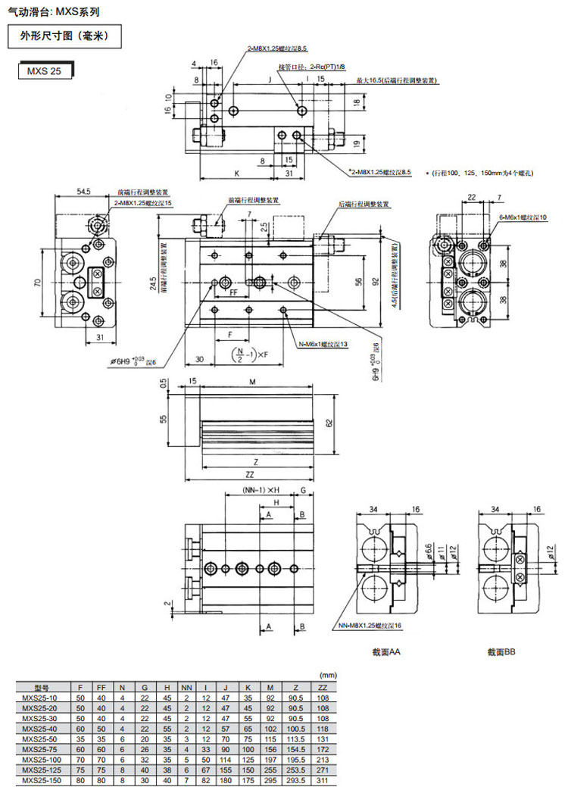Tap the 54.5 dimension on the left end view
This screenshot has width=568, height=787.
point(83,192)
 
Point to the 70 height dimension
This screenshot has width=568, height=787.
point(37,283)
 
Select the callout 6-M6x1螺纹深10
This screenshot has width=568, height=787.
point(523,218)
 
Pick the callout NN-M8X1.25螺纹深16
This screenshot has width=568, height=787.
point(372,625)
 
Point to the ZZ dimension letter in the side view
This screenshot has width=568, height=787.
point(251,475)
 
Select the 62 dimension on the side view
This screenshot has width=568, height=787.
point(329,423)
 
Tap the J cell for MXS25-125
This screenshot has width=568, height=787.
point(226,768)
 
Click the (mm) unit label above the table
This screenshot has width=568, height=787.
point(327,675)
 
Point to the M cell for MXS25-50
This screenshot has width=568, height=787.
point(270,735)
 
